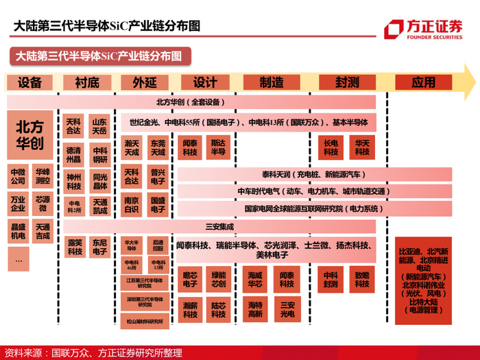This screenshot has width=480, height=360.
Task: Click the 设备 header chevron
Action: click(x=30, y=82)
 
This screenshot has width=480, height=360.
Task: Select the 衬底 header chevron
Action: click(x=86, y=82)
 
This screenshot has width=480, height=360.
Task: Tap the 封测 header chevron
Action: click(x=347, y=82)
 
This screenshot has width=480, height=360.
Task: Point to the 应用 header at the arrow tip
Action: click(x=425, y=82)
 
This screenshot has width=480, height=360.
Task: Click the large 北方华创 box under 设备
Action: click(x=30, y=135)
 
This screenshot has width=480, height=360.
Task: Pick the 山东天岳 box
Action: click(x=100, y=125)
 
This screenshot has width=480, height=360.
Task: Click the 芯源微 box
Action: click(x=43, y=204)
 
